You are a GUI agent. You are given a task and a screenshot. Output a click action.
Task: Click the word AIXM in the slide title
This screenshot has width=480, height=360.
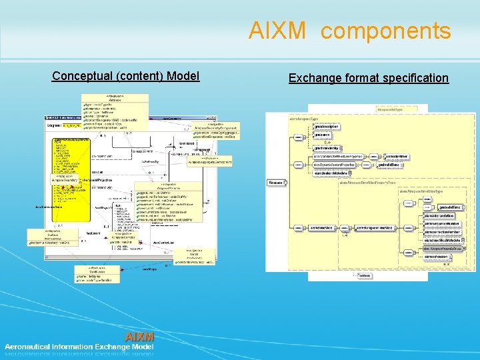[x=277, y=31]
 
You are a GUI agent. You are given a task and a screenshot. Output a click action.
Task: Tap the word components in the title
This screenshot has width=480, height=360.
[x=390, y=31]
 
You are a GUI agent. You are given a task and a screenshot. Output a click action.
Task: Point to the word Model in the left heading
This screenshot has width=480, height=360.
[x=183, y=76]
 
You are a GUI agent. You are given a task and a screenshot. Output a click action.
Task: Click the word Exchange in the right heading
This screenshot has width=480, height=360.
[x=315, y=78]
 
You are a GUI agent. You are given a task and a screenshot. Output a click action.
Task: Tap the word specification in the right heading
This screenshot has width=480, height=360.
[x=415, y=78]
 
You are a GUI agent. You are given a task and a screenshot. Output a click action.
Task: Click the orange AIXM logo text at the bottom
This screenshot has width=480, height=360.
[x=139, y=335]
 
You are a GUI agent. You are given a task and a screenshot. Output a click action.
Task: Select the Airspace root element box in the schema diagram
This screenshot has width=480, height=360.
[x=275, y=183]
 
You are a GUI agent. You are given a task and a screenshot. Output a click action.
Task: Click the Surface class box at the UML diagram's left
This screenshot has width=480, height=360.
[x=52, y=237]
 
